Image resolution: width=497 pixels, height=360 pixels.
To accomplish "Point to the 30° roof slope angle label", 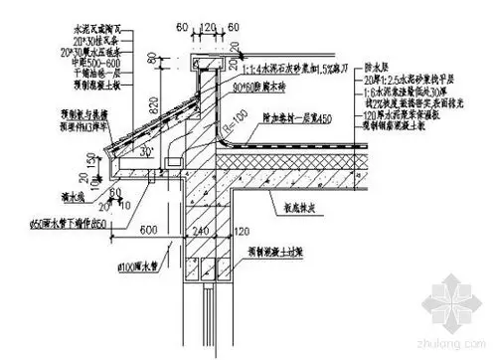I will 146,152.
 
